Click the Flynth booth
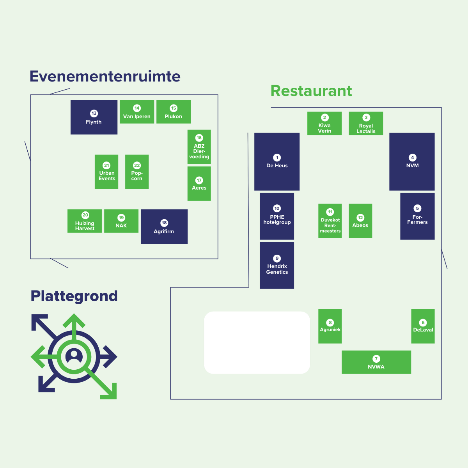[x=94, y=117]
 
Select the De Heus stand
[x=277, y=161]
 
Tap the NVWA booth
[x=376, y=362]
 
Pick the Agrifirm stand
[x=164, y=227]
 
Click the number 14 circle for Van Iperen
[x=137, y=108]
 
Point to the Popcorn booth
[x=137, y=172]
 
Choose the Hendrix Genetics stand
[x=277, y=265]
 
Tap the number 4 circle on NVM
[x=412, y=158]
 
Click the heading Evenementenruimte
[x=105, y=76]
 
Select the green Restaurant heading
[x=311, y=91]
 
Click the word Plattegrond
[x=74, y=296]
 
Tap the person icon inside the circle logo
[x=74, y=356]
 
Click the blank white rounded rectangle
[x=257, y=342]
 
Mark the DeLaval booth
[x=423, y=326]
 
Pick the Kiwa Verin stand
[x=324, y=124]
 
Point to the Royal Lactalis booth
[x=366, y=124]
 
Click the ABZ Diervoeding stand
[x=199, y=147]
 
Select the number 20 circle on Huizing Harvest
[x=85, y=215]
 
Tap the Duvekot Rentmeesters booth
[x=330, y=221]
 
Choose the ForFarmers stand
[x=417, y=216]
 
